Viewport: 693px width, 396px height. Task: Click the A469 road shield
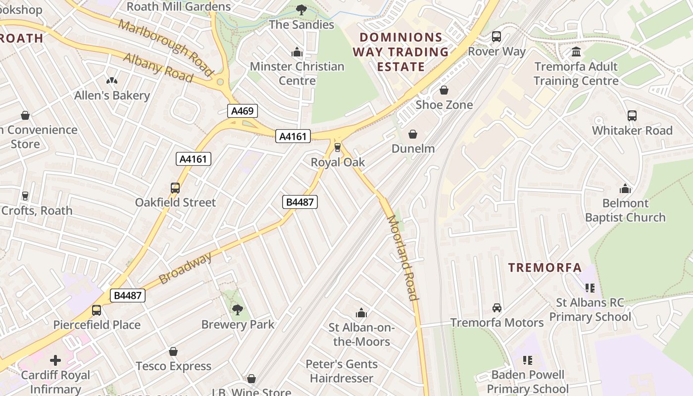click(243, 111)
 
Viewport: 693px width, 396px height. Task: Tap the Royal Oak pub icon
click(338, 147)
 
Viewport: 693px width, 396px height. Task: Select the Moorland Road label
click(403, 257)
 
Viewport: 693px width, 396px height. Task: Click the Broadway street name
click(186, 268)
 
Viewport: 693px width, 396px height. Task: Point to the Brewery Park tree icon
click(238, 310)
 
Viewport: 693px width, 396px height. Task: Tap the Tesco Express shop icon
click(173, 351)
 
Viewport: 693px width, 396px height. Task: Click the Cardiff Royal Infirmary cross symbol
click(55, 360)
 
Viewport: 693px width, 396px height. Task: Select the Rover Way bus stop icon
click(496, 37)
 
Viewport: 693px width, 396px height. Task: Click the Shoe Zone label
click(444, 105)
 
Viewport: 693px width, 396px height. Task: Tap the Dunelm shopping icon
click(413, 134)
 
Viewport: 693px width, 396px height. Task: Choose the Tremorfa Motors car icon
click(497, 308)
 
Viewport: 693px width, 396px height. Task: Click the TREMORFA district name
click(545, 268)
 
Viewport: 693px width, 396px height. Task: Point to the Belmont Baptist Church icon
click(625, 189)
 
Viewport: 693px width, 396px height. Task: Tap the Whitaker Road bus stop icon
click(632, 116)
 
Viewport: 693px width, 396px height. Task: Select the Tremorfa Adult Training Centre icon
click(576, 51)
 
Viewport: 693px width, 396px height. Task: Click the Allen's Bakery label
click(112, 96)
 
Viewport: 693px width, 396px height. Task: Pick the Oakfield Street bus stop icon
click(175, 188)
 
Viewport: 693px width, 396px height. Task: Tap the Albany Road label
click(158, 67)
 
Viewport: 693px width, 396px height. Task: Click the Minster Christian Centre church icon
click(297, 51)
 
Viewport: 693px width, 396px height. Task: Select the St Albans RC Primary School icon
click(590, 288)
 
